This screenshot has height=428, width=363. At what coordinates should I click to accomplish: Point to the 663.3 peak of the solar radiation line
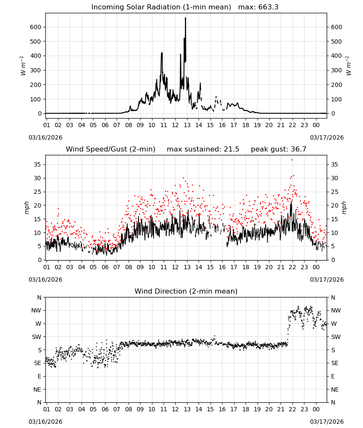(185, 18)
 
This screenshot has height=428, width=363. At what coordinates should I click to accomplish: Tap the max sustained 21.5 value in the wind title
(231, 149)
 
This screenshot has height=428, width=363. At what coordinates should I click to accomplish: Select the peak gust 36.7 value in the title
(299, 149)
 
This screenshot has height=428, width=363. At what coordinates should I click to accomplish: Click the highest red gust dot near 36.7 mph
(292, 160)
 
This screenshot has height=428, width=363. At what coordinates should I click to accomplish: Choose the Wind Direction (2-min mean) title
(186, 291)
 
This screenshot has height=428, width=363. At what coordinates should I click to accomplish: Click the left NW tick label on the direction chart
(36, 310)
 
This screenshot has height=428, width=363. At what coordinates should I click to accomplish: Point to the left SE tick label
(38, 363)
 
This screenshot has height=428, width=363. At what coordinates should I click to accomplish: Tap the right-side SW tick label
(336, 337)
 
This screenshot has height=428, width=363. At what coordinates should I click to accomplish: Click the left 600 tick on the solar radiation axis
(36, 27)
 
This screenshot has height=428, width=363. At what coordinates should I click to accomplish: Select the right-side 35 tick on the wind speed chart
(334, 164)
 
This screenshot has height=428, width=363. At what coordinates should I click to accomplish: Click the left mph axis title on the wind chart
(26, 208)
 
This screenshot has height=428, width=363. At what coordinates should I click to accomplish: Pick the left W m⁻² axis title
(23, 66)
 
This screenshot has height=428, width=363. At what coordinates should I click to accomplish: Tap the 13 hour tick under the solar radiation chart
(187, 125)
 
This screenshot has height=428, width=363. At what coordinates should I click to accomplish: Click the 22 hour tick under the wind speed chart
(293, 267)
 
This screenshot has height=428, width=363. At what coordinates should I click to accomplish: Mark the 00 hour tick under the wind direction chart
(316, 409)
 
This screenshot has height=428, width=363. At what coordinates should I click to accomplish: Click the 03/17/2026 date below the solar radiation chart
(327, 137)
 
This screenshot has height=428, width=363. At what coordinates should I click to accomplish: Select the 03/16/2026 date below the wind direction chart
(45, 422)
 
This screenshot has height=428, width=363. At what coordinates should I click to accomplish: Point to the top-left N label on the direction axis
(39, 297)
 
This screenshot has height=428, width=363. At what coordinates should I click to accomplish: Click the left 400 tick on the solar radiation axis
(36, 56)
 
